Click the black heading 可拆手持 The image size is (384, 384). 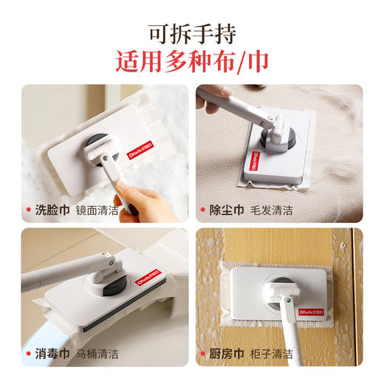[x=191, y=32]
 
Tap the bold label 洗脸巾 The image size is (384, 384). [x=53, y=210]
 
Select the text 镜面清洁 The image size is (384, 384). [x=97, y=210]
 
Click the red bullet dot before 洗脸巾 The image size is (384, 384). [x=30, y=210]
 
